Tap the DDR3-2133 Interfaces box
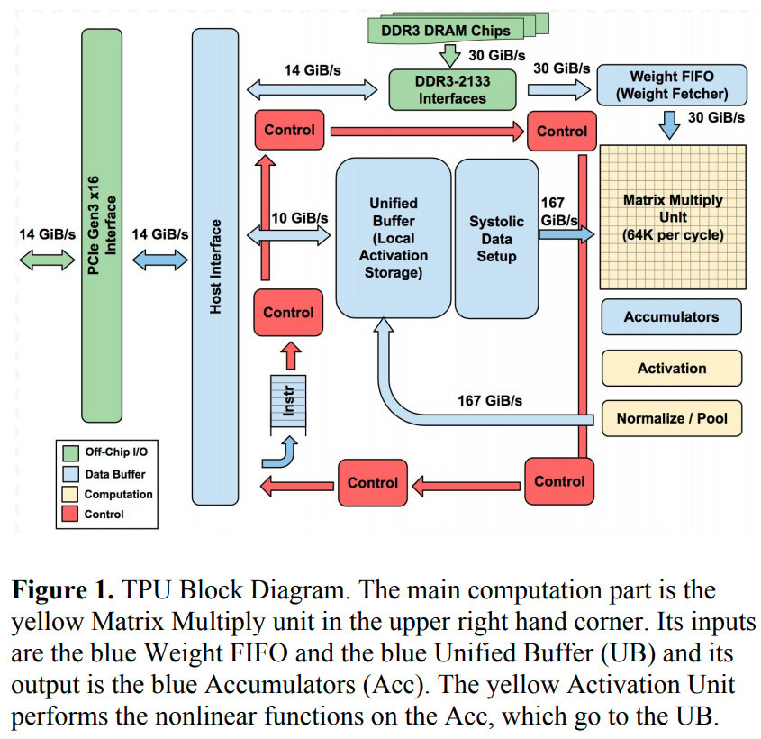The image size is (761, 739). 451,88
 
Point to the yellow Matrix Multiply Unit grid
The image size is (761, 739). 673,216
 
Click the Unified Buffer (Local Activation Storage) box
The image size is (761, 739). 393,237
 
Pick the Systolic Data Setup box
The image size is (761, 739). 495,237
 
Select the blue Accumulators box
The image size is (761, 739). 671,316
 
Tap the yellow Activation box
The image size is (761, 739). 671,368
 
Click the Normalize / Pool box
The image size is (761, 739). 671,418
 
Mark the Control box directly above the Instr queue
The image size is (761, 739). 289,313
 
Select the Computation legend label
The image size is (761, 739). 118,494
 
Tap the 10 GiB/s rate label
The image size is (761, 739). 299,217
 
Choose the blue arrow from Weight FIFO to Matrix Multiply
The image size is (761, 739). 668,124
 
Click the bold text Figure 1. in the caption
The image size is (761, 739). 59,592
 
